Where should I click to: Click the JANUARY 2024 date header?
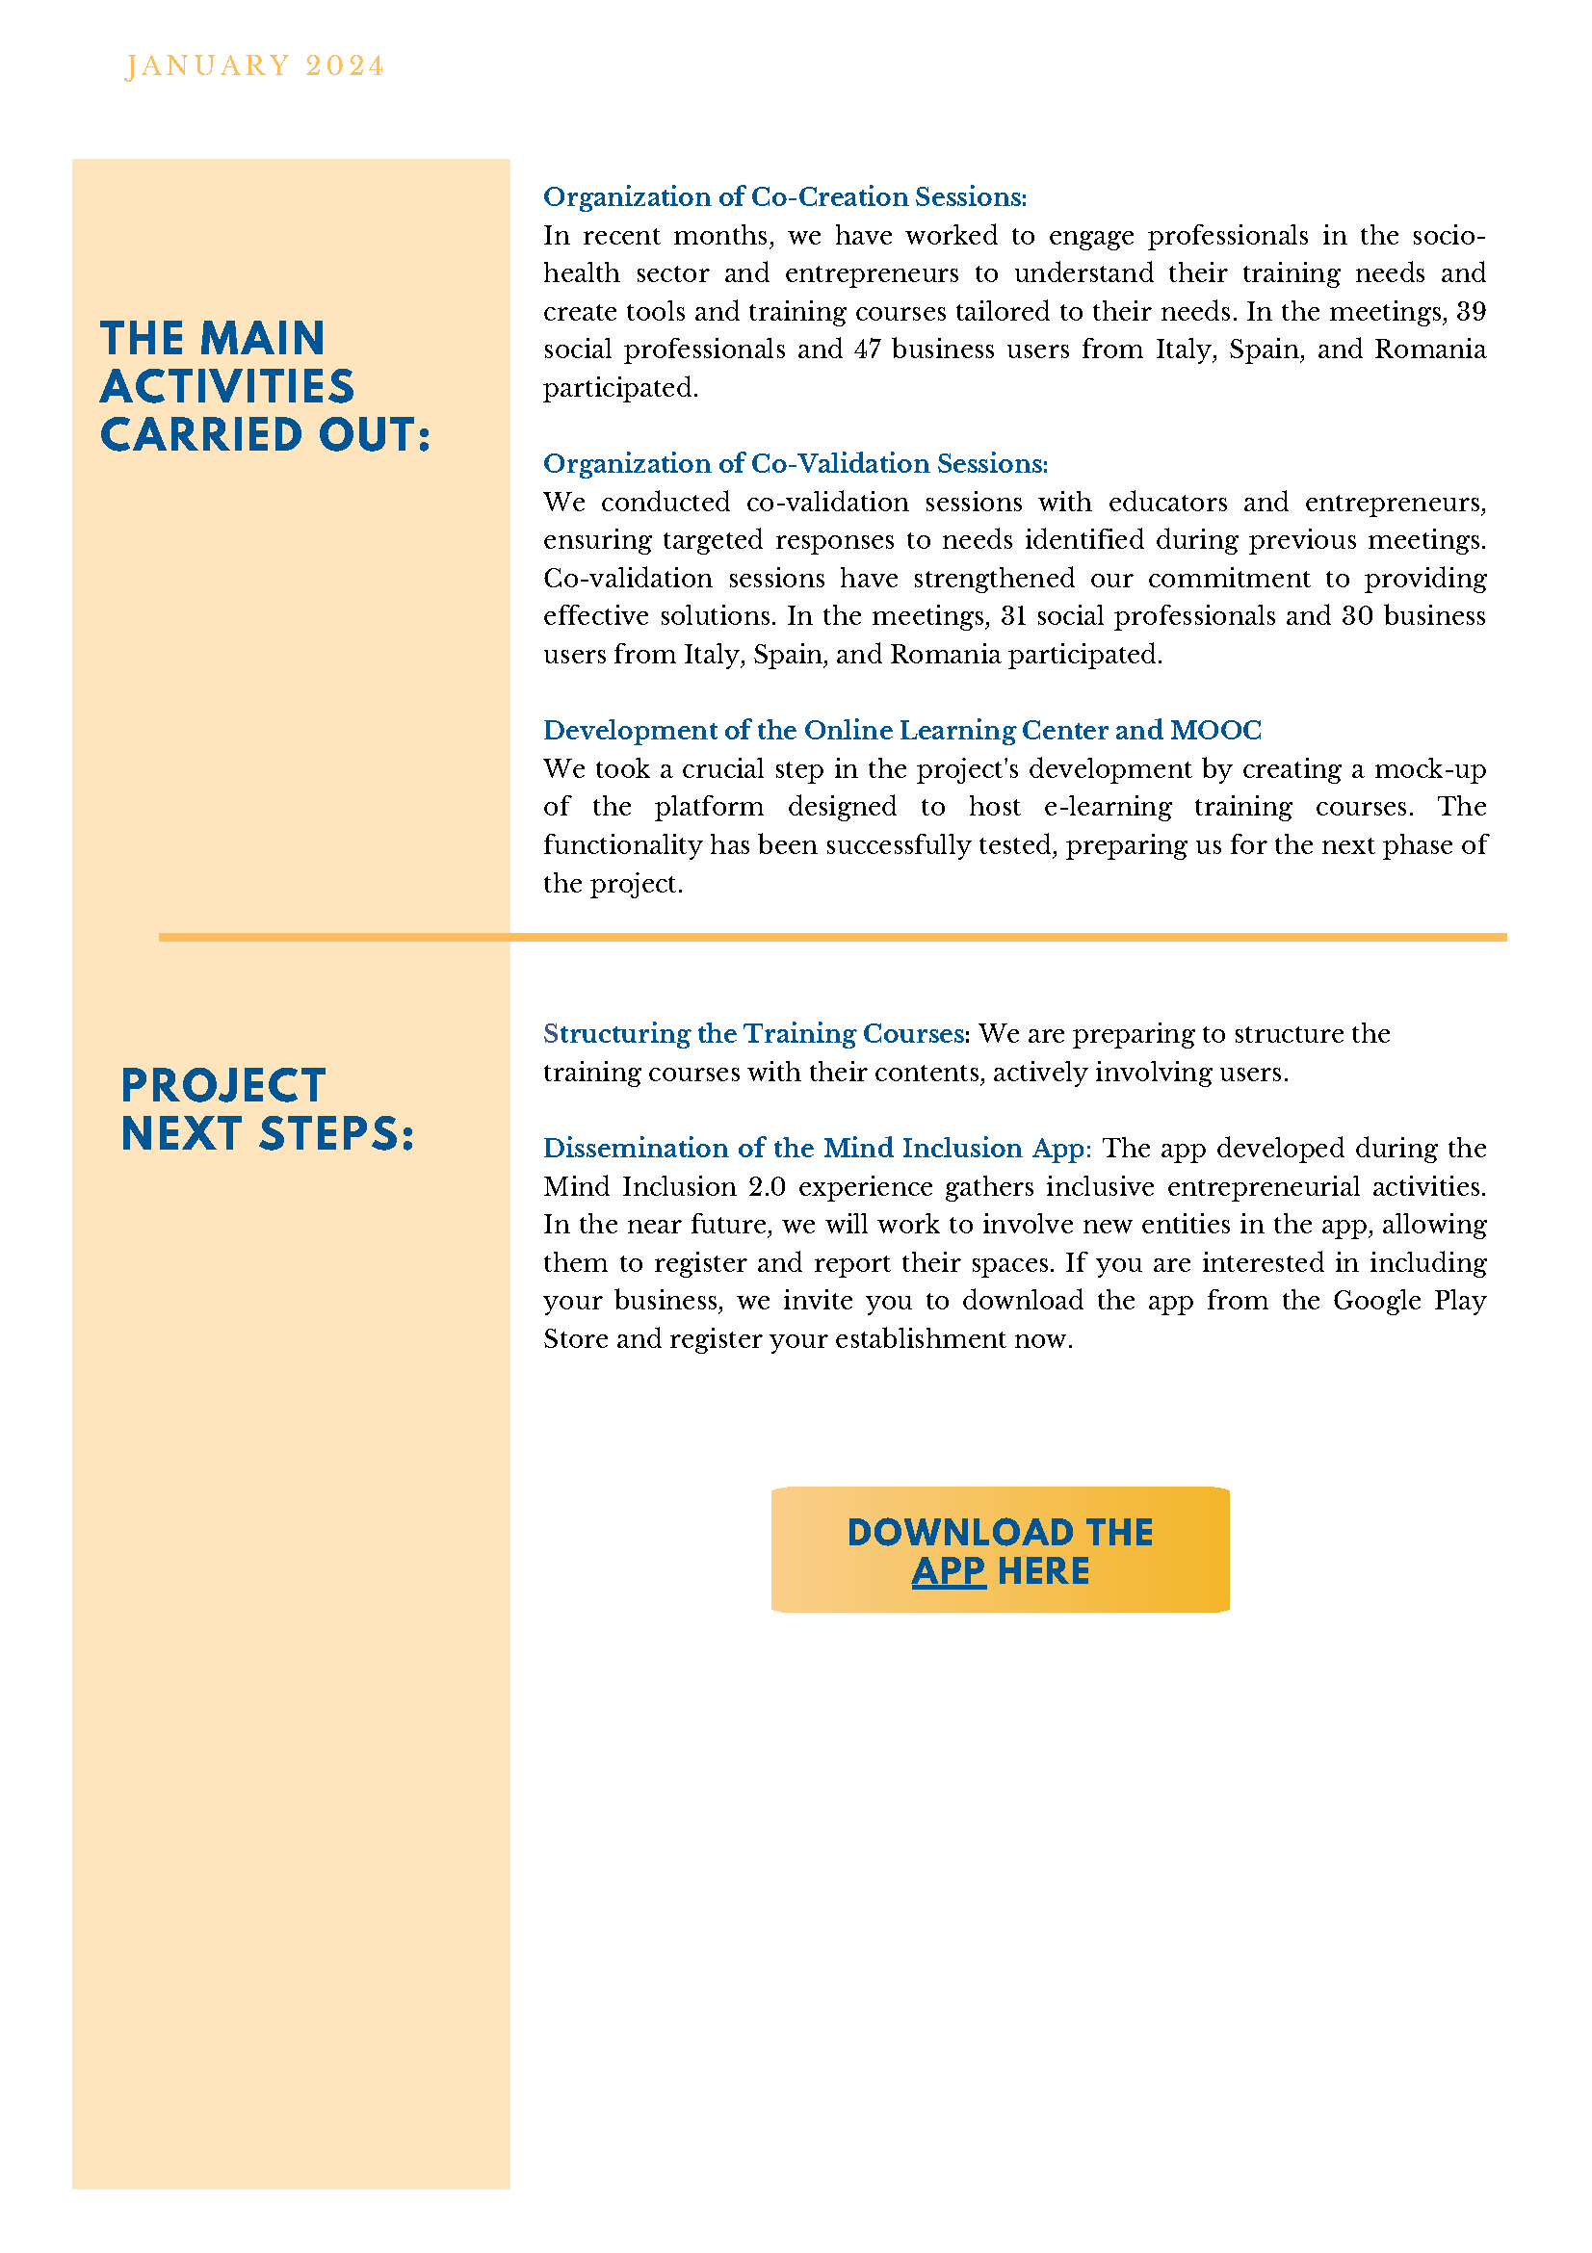(254, 65)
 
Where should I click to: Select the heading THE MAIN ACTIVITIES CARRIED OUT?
(265, 387)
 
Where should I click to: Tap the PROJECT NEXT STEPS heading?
(267, 1109)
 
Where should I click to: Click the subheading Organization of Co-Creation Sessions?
(784, 197)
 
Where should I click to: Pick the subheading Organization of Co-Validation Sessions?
(795, 463)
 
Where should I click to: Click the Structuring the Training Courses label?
(755, 1033)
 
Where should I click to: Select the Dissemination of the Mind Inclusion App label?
(817, 1148)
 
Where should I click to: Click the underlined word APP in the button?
(947, 1571)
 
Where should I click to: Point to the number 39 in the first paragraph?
(1471, 312)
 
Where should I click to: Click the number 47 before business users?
(867, 350)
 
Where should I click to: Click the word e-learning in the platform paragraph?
(1108, 807)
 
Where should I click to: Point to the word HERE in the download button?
(1042, 1571)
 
